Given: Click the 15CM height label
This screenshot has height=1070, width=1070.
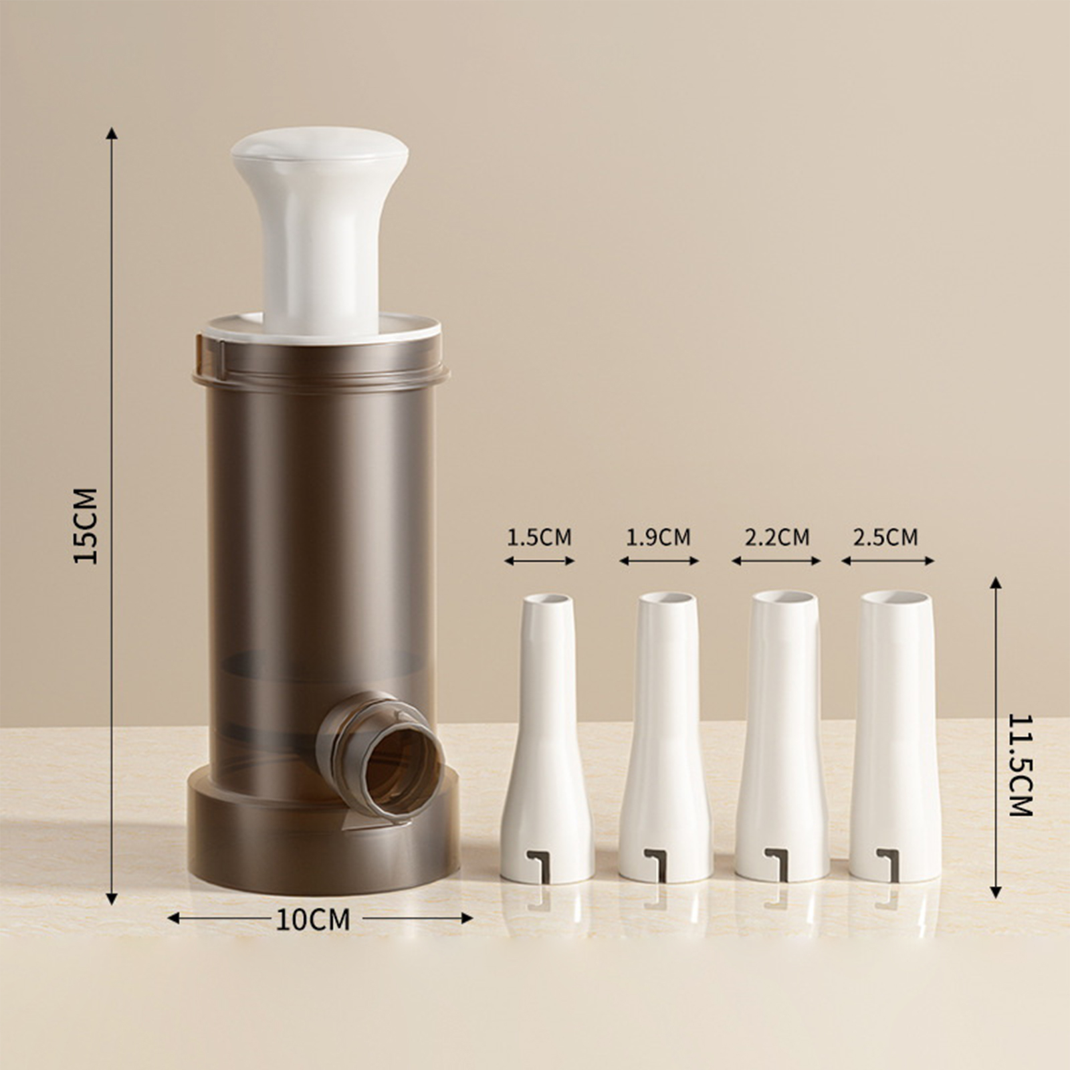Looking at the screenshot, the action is (x=86, y=526).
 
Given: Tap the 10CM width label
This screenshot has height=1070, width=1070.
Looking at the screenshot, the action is (x=313, y=920).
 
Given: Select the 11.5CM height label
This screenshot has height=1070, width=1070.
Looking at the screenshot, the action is (x=1021, y=765).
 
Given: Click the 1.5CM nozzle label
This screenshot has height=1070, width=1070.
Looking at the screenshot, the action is (x=539, y=538).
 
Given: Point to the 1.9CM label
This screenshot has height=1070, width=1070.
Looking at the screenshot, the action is (x=658, y=538).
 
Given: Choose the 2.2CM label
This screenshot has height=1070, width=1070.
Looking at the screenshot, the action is (x=777, y=538).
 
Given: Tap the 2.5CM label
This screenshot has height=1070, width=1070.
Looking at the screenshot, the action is (x=885, y=538).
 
